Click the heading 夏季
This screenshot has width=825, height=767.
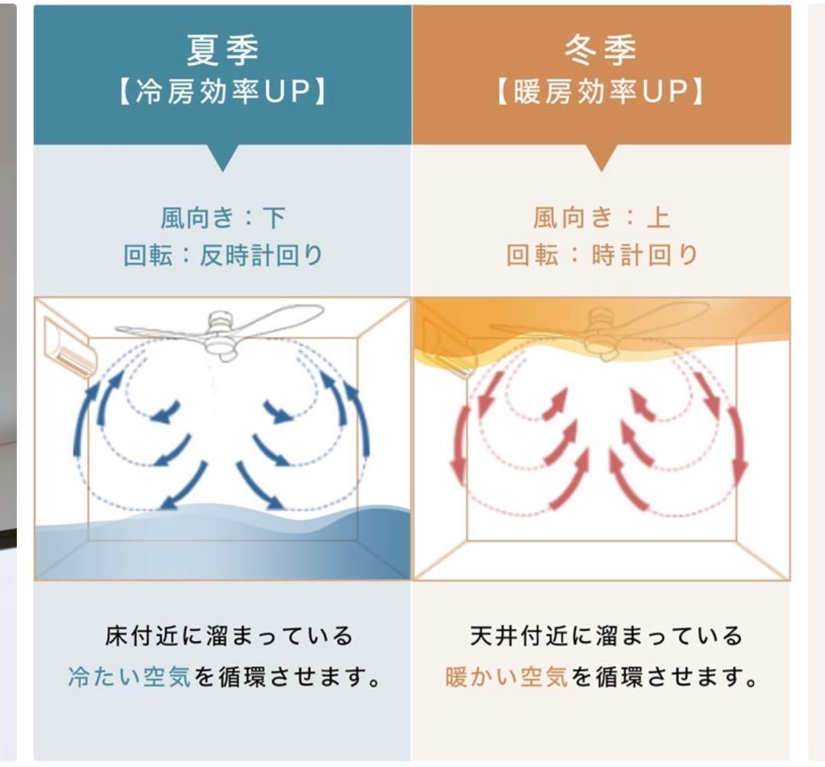point(222,50)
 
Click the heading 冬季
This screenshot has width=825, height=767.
point(601,50)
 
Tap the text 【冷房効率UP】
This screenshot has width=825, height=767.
point(222,92)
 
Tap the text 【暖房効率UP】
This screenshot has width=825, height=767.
point(601,92)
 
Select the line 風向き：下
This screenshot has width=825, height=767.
point(222,218)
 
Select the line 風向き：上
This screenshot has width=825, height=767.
point(601,218)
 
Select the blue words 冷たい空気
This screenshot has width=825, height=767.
point(130,677)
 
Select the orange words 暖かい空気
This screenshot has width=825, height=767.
point(507,677)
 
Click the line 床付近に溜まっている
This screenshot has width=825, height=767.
point(228,636)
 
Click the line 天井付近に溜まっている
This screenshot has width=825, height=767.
point(607,636)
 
